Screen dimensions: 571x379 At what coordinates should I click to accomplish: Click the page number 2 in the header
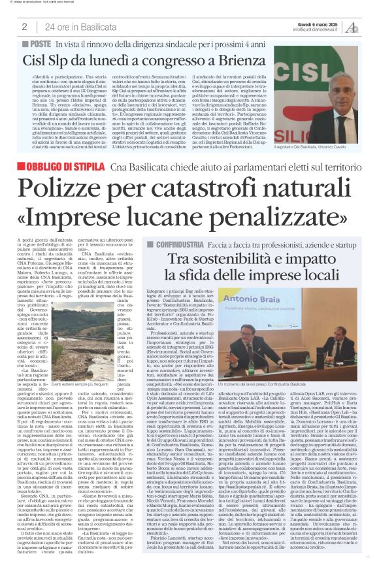pos(24,27)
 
